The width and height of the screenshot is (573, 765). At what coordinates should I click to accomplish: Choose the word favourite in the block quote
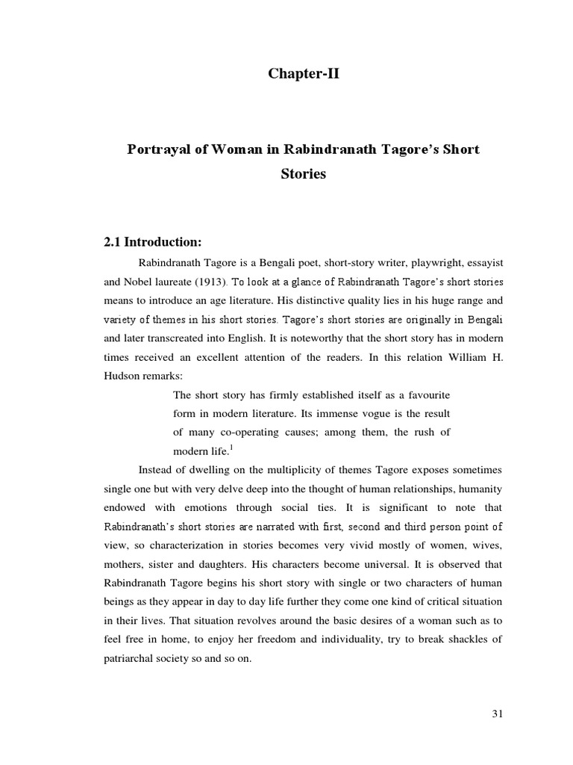click(x=425, y=394)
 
